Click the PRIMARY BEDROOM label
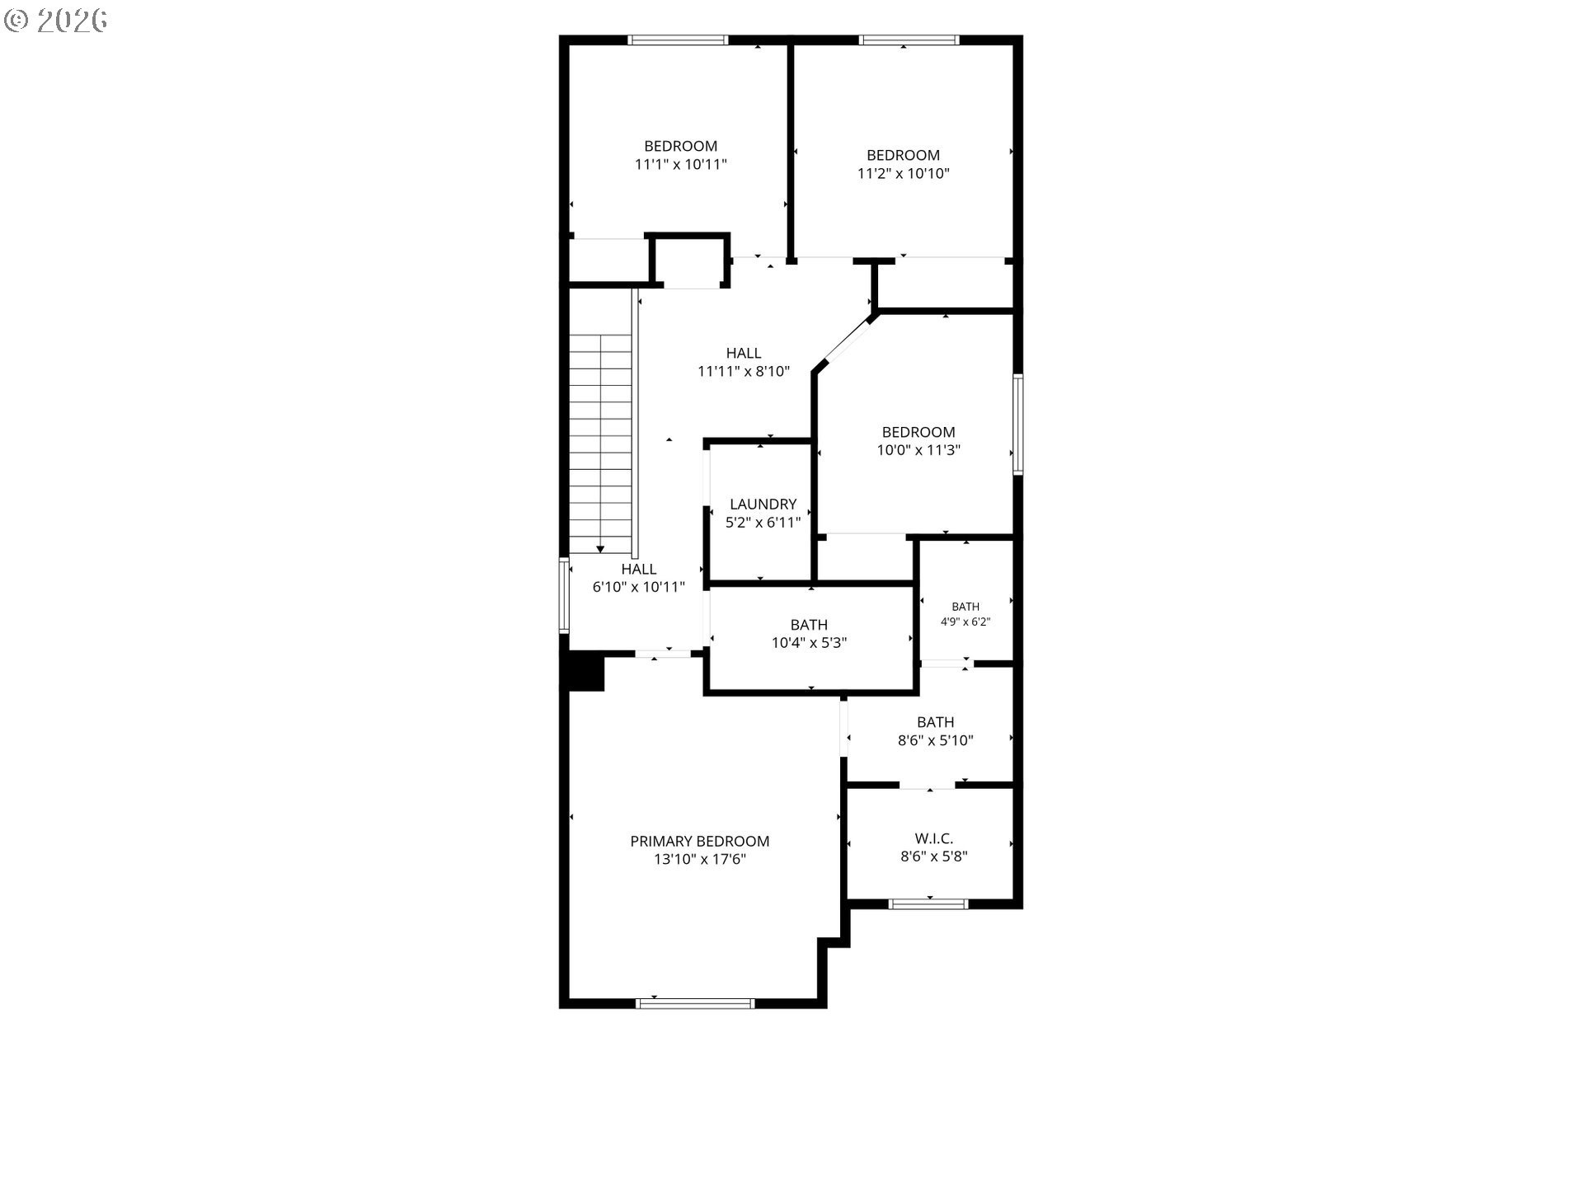[700, 841]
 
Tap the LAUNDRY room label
[763, 504]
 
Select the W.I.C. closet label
[934, 838]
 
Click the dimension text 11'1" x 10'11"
[681, 164]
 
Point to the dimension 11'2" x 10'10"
[904, 173]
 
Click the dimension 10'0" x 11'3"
[918, 450]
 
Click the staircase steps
[600, 443]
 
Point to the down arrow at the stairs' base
[600, 549]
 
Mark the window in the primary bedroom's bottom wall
[696, 1003]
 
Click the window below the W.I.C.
[928, 904]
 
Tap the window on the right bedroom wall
[1018, 425]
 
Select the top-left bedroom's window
[678, 40]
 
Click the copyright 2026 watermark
[55, 21]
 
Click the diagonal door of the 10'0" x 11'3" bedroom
[848, 341]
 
